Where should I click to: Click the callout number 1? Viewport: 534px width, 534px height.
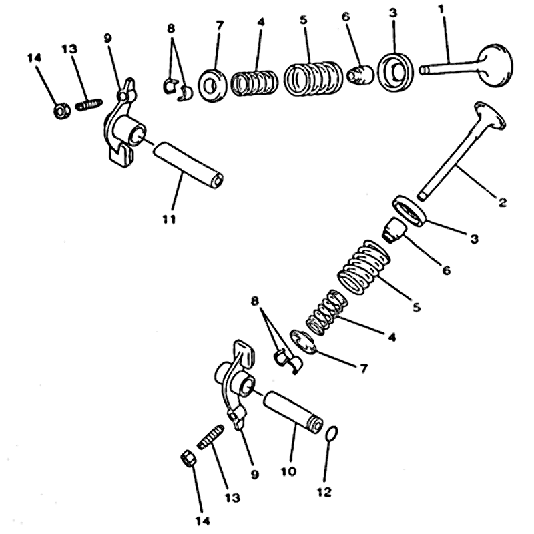441,9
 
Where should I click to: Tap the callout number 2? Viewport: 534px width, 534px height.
502,202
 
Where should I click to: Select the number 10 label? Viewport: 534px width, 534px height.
288,471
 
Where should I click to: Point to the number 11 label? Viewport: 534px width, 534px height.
170,220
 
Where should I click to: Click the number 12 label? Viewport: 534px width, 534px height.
324,492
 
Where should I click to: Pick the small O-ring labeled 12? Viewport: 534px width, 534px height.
332,433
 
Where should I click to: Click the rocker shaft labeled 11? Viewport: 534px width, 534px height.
188,164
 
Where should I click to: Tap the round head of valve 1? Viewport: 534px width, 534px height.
495,65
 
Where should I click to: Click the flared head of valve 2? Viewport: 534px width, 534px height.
489,115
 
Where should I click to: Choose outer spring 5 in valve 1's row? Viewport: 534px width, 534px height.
313,78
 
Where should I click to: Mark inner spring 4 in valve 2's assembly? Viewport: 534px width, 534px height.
326,312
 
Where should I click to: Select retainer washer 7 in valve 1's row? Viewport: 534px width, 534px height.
212,85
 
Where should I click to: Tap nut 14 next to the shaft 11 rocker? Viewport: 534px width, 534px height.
62,111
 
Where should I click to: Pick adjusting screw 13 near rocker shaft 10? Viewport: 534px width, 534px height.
210,437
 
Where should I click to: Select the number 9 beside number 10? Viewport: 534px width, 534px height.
254,475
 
